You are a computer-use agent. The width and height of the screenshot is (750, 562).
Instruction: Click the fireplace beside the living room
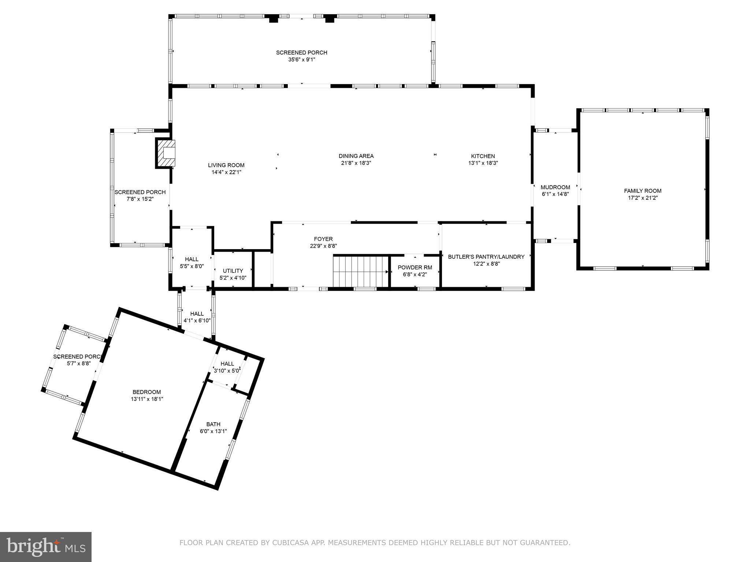click(166, 153)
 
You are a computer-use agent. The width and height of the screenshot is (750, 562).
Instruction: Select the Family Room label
click(643, 191)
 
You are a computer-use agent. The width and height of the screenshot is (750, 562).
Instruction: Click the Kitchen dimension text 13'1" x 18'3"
click(483, 163)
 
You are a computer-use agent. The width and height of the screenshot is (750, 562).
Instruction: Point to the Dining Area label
click(356, 156)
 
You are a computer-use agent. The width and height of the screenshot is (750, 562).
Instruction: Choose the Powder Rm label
click(415, 267)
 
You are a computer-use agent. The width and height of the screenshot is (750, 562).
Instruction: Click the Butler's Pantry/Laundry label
click(486, 257)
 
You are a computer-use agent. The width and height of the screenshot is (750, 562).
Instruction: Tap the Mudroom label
click(555, 187)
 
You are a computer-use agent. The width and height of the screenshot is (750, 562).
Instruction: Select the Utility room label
click(233, 271)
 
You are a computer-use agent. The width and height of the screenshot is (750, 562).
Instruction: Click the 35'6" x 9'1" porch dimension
click(301, 60)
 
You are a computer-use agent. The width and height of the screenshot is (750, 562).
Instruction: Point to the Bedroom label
click(146, 392)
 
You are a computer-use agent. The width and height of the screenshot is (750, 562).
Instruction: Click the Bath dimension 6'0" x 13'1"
click(213, 431)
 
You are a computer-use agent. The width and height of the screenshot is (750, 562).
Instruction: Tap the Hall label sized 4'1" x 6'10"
click(197, 314)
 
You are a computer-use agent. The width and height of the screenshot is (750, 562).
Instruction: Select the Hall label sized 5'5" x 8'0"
click(192, 259)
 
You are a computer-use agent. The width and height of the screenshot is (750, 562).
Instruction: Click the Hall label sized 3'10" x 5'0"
click(227, 364)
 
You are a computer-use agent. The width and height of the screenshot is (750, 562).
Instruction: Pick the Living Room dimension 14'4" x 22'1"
click(226, 172)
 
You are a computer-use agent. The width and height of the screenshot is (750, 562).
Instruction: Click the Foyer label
click(323, 239)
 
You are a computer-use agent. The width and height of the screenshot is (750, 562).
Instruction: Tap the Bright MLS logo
click(46, 547)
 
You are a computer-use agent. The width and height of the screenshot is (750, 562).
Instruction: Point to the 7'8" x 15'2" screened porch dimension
click(140, 199)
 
